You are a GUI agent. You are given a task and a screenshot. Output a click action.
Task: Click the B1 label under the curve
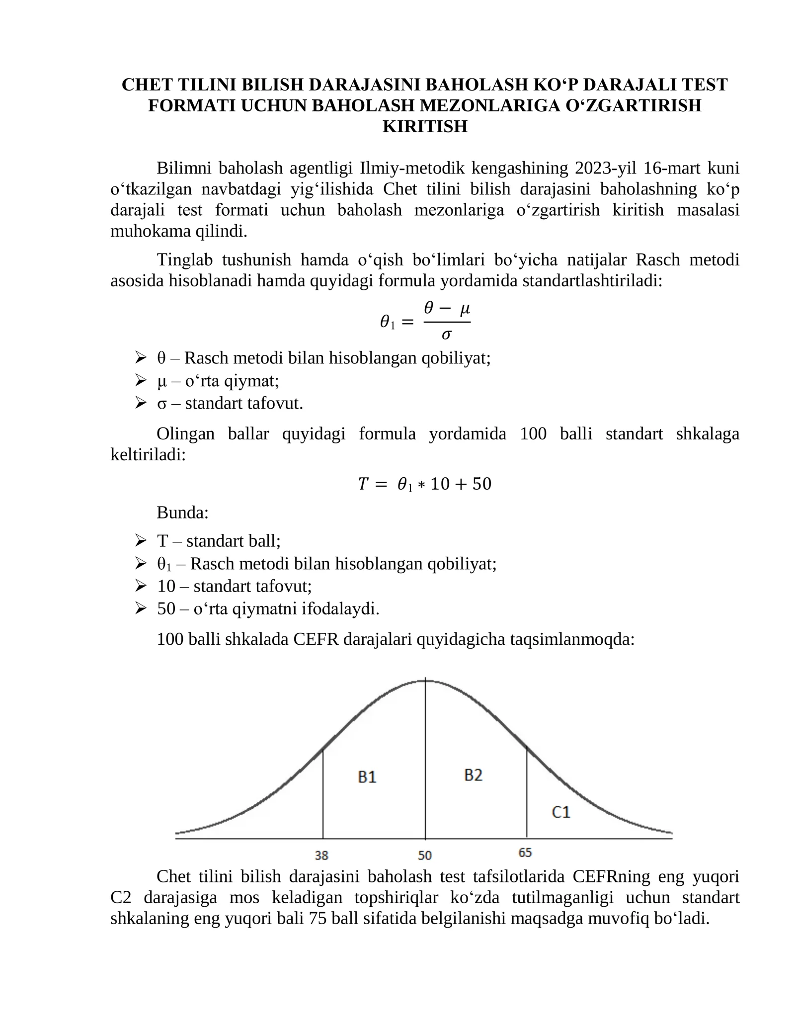pyautogui.click(x=367, y=776)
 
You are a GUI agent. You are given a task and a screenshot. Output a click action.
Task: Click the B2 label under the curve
pyautogui.click(x=473, y=774)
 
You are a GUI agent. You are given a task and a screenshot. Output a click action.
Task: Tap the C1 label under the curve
pyautogui.click(x=560, y=812)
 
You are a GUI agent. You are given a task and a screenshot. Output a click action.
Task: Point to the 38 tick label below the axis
pyautogui.click(x=321, y=855)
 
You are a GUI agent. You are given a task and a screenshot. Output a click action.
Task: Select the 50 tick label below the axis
pyautogui.click(x=424, y=855)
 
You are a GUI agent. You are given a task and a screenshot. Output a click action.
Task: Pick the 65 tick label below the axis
pyautogui.click(x=525, y=853)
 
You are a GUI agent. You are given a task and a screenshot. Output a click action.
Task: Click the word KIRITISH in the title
pyautogui.click(x=425, y=126)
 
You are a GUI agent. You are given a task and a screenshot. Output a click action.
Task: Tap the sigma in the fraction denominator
pyautogui.click(x=446, y=335)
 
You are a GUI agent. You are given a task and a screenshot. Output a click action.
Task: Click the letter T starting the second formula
pyautogui.click(x=363, y=484)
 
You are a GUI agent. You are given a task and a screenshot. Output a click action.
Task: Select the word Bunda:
pyautogui.click(x=182, y=512)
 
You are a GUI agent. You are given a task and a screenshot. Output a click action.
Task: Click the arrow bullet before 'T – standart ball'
pyautogui.click(x=141, y=540)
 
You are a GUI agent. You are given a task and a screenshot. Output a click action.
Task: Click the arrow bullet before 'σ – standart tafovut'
pyautogui.click(x=141, y=402)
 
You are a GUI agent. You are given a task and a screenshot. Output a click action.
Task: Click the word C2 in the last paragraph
pyautogui.click(x=122, y=897)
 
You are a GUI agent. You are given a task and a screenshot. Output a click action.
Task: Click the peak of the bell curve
pyautogui.click(x=425, y=680)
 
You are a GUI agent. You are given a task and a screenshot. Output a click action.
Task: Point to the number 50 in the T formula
pyautogui.click(x=481, y=484)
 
